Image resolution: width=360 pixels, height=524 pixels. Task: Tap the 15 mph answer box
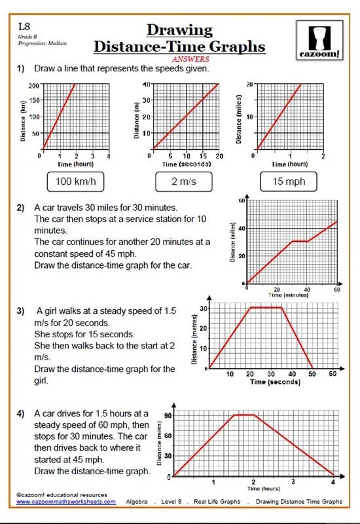(289, 181)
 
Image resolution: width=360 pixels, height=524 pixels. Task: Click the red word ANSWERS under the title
(179, 57)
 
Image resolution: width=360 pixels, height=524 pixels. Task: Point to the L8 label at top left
(24, 27)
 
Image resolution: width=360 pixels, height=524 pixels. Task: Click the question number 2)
(21, 207)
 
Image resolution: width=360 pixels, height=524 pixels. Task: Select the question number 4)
(21, 413)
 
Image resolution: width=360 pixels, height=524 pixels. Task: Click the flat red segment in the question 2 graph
(299, 241)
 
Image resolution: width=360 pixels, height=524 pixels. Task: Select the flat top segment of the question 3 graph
(266, 307)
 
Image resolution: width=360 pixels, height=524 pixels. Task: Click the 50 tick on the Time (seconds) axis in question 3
(312, 374)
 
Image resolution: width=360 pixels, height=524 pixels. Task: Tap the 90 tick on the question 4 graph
(168, 415)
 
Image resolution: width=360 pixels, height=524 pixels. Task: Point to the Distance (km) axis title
(24, 117)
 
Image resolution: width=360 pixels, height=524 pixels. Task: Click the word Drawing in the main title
(179, 30)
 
